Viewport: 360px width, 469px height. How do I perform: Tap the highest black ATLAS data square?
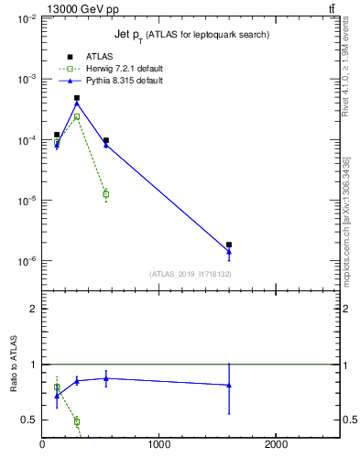click(77, 98)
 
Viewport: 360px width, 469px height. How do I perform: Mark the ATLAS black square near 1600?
click(229, 245)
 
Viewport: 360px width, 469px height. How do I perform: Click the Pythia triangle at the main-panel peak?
click(77, 104)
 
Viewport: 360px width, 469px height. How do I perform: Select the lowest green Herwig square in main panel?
click(106, 194)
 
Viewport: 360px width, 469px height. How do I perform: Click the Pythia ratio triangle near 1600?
click(229, 385)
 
